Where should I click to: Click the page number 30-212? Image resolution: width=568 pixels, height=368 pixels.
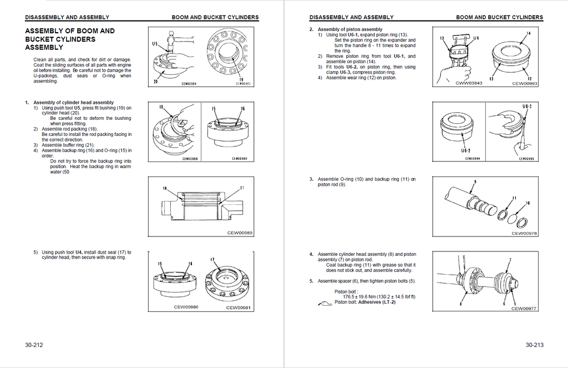[34, 345]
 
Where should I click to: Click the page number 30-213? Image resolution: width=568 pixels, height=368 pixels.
[534, 345]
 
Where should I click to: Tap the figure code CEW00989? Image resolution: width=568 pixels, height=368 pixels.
[240, 233]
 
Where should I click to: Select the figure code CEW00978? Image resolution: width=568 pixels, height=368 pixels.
[524, 234]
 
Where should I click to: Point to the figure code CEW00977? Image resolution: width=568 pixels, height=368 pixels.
[524, 309]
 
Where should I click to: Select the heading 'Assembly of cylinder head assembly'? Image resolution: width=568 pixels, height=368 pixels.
[73, 103]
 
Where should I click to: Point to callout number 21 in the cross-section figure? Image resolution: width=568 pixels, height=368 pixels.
[242, 188]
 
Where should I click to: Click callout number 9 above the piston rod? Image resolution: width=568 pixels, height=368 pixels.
[475, 182]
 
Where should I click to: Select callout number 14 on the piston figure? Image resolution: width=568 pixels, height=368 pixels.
[528, 34]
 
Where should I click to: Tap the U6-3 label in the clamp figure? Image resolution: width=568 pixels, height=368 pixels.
[527, 106]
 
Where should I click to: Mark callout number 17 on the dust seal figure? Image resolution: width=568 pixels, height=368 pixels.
[212, 259]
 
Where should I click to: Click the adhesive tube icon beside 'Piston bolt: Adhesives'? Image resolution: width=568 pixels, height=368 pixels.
[324, 303]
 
